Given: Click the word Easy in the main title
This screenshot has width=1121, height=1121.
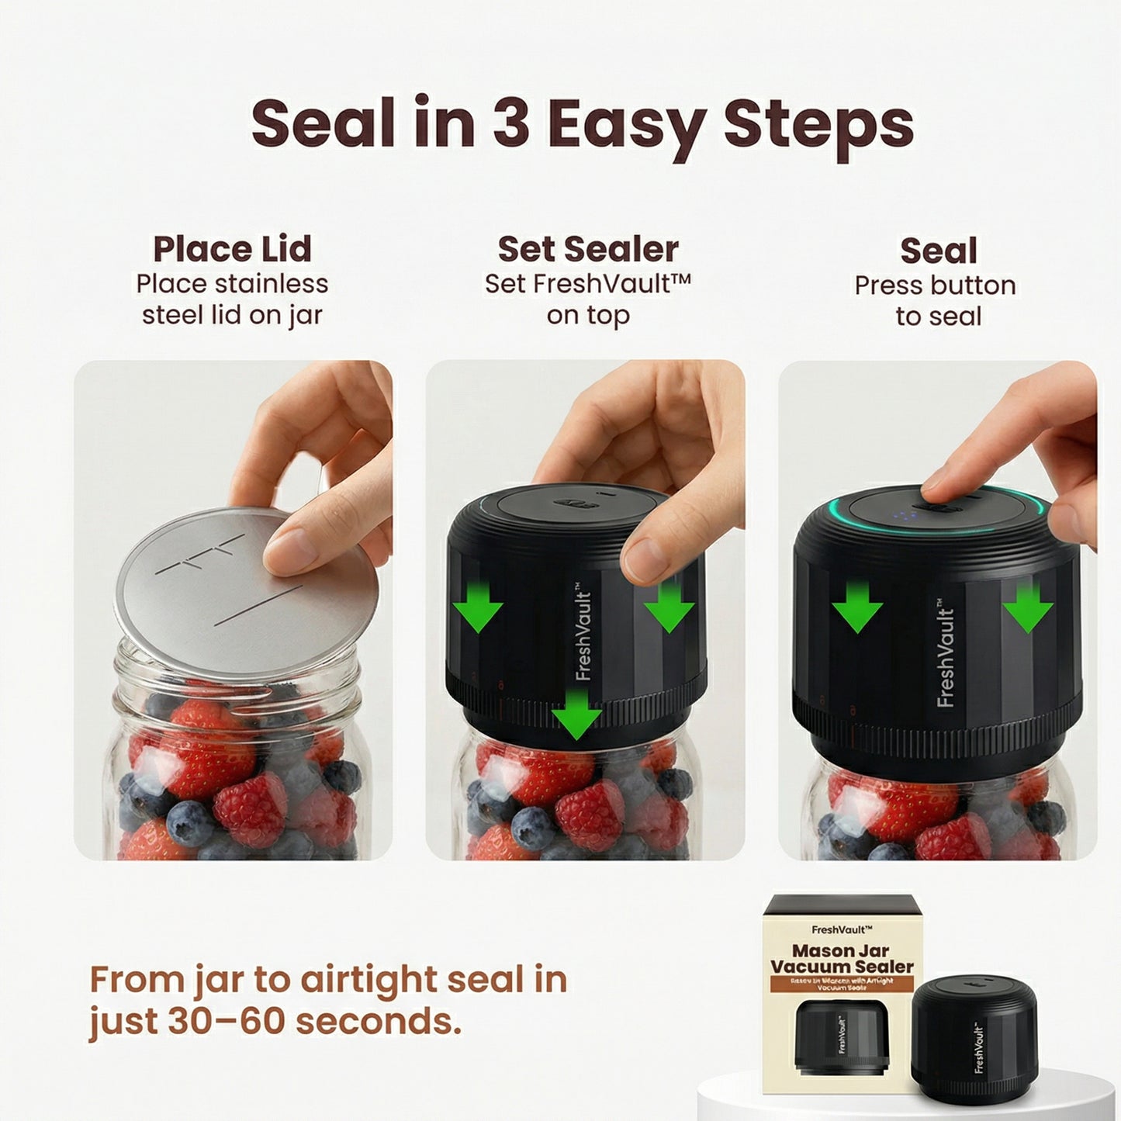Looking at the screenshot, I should (x=626, y=124).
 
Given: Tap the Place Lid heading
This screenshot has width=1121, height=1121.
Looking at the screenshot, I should (x=232, y=249).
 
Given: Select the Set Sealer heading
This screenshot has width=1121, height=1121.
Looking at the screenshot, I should (x=588, y=249).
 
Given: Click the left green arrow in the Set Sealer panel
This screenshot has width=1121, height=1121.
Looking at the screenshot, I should (x=479, y=606).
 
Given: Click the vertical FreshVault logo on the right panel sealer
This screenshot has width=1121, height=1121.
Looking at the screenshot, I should (x=946, y=656).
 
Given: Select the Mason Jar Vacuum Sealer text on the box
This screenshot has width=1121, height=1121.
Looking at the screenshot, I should (x=842, y=958).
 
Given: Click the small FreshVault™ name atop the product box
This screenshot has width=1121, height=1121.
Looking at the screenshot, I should (x=842, y=929).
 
